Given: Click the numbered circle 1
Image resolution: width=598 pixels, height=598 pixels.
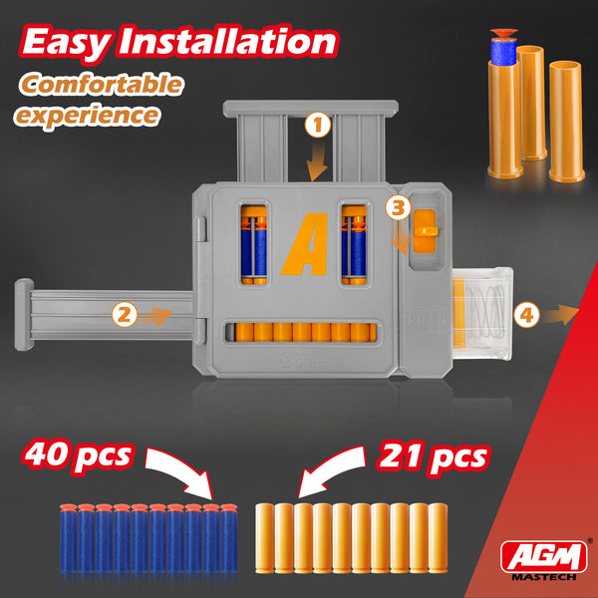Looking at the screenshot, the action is pyautogui.click(x=318, y=125).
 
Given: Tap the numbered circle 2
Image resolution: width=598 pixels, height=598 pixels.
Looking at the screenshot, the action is pyautogui.click(x=125, y=315).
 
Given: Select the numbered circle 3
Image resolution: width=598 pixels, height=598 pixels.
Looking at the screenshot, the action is pyautogui.click(x=398, y=208).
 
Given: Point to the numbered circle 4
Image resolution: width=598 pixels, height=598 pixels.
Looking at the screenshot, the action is pyautogui.click(x=526, y=315).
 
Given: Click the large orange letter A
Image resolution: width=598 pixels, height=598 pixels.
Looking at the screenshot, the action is pyautogui.click(x=305, y=244).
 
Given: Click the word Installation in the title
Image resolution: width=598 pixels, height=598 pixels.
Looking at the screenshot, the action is pyautogui.click(x=227, y=41).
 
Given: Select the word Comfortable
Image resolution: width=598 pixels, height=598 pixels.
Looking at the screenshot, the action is pyautogui.click(x=102, y=85).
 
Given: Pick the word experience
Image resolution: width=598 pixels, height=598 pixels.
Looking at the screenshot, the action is pyautogui.click(x=87, y=116).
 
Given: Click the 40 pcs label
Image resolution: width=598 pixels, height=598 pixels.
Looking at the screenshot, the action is pyautogui.click(x=78, y=455).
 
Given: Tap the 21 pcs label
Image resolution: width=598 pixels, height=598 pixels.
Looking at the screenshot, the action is pyautogui.click(x=433, y=456).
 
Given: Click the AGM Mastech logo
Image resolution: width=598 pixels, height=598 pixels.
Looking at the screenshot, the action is pyautogui.click(x=544, y=560).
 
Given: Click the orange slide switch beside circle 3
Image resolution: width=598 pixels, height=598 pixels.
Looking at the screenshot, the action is pyautogui.click(x=425, y=231).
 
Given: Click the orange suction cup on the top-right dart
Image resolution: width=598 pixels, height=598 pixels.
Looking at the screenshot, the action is pyautogui.click(x=503, y=33).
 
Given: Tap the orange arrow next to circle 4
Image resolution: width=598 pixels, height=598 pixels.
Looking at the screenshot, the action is pyautogui.click(x=560, y=315).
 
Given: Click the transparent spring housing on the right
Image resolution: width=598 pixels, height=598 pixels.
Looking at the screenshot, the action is pyautogui.click(x=482, y=314).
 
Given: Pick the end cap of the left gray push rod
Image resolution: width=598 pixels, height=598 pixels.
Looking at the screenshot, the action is pyautogui.click(x=24, y=315).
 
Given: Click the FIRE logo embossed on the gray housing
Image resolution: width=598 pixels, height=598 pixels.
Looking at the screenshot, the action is pyautogui.click(x=301, y=361).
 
